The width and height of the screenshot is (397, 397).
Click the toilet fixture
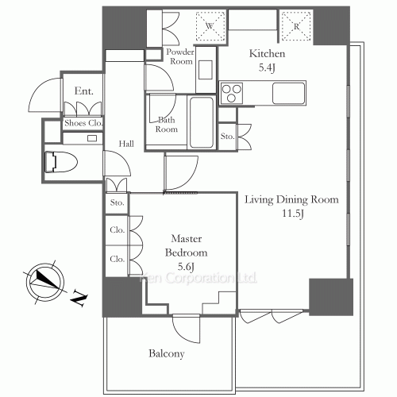pos(61,162)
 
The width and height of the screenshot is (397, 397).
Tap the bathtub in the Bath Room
pos(202,122)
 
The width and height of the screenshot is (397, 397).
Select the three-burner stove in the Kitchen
pos(232,93)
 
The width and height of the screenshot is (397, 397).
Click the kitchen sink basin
pos(288,94)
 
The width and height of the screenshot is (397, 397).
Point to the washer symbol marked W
pos(210,26)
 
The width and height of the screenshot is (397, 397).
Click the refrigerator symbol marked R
pos(296,26)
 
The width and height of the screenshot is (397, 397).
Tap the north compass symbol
pos(45,282)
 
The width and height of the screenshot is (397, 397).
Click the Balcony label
pos(167,353)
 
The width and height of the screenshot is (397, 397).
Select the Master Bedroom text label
pos(186,245)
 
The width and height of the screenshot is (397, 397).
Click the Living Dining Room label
pos(291,199)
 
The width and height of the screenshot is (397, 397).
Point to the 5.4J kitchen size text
pos(267,67)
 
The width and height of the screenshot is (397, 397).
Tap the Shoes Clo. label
pos(83,123)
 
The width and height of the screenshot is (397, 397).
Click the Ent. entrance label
pos(84,91)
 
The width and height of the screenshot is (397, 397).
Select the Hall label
pos(126,144)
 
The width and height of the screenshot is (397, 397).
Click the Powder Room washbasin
pos(206,70)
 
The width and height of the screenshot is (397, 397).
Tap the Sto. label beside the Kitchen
pos(228,137)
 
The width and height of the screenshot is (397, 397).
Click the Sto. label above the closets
pos(118,202)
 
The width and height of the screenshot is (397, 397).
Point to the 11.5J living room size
pos(292,214)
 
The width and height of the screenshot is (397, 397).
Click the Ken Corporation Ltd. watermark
pos(198,278)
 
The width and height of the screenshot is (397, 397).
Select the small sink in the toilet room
pos(92,138)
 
